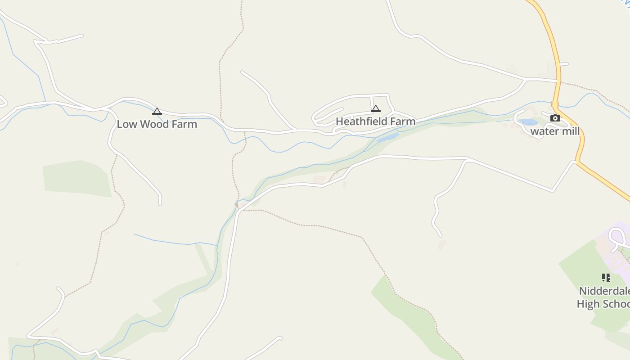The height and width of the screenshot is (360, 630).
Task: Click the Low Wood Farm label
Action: tap(157, 124)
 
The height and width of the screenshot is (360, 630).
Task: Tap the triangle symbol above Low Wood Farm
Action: tap(157, 111)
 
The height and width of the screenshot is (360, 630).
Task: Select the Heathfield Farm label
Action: tap(375, 121)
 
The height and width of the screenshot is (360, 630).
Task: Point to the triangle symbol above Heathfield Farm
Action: tap(375, 108)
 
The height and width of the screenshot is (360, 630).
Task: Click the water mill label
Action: tap(555, 131)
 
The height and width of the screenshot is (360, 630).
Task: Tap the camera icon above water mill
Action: tap(555, 118)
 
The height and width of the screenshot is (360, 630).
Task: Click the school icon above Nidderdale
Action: tap(606, 278)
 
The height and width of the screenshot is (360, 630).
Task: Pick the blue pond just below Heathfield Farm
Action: tap(388, 138)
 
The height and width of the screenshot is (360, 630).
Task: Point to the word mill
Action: tap(569, 131)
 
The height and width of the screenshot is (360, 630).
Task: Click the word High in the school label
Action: tap(588, 304)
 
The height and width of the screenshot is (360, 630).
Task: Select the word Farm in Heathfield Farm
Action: tap(403, 121)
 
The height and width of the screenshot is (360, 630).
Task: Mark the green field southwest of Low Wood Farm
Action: tap(76, 178)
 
